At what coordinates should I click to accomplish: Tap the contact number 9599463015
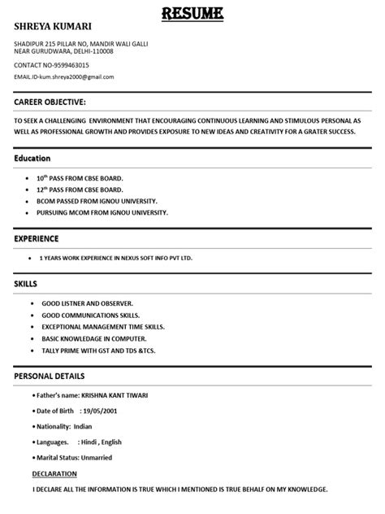70,64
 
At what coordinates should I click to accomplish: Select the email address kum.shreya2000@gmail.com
79,76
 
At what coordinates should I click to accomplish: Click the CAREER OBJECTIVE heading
50,103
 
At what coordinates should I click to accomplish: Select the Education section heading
33,158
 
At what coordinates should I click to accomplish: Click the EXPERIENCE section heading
37,239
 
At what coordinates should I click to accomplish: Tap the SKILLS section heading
27,285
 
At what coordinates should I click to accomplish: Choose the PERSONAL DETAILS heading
50,377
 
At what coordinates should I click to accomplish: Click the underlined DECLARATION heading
55,473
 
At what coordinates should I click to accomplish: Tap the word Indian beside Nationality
84,425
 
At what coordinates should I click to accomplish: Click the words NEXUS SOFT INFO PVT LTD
156,258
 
